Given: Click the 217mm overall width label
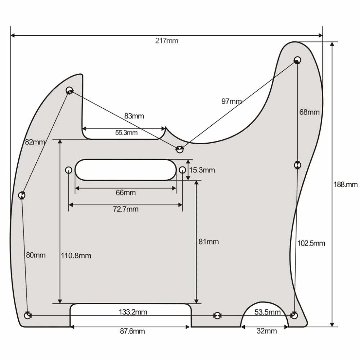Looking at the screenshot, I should coord(167,41).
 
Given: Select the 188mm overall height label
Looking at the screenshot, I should coord(346,184).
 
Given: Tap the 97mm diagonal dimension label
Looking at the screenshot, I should coord(231,101).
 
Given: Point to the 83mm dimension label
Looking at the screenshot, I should coord(134,116).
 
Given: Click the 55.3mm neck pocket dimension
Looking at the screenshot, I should coord(126,132).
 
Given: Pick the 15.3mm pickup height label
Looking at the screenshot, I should coord(202,170).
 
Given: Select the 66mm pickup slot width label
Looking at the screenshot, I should coord(126,193).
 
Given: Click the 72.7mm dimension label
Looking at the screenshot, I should coord(126,209).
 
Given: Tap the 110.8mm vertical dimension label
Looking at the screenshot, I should coord(76,256).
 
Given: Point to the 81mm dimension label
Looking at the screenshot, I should coord(208,242).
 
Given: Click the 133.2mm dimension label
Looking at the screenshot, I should coord(133,312).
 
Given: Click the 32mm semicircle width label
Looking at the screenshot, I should coord(267,331).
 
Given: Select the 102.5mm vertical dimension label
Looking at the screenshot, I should coord(311,243).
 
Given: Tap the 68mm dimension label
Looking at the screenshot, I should coord(309,112).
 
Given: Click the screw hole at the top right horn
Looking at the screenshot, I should coord(297,59).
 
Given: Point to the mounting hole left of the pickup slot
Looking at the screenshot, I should coord(68,170).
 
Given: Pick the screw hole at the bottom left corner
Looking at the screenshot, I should coord(28,316).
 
